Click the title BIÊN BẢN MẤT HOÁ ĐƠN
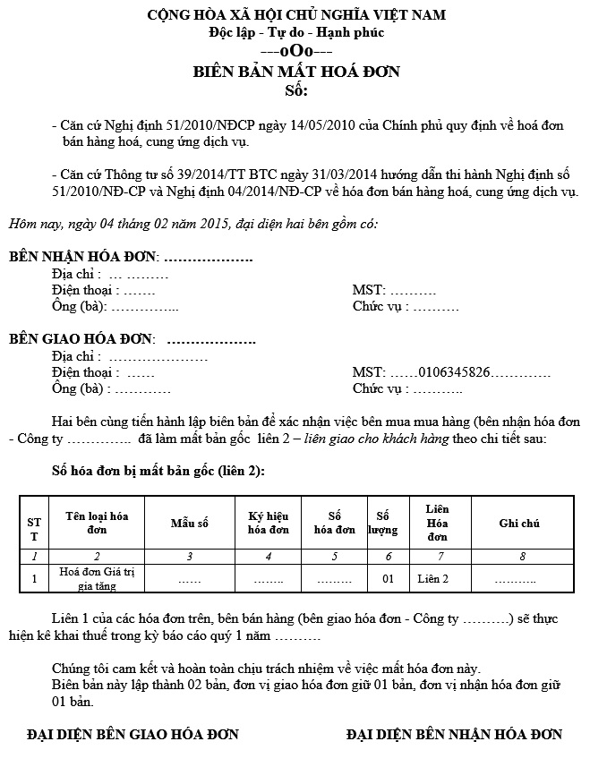[x=296, y=72]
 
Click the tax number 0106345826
[x=454, y=371]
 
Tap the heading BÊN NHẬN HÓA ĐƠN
[x=83, y=257]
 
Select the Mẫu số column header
[x=189, y=523]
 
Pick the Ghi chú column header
[x=519, y=523]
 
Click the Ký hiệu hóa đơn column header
[x=268, y=523]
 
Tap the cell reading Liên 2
[x=433, y=579]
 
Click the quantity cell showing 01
[x=388, y=579]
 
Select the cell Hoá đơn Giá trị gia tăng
[x=96, y=579]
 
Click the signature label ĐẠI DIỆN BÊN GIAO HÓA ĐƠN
[x=133, y=735]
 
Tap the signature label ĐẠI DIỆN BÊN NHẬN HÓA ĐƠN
[x=454, y=735]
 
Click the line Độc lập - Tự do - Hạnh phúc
[x=295, y=33]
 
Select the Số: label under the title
[x=295, y=91]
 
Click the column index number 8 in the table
[x=521, y=557]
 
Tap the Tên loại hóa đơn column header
[x=97, y=523]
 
